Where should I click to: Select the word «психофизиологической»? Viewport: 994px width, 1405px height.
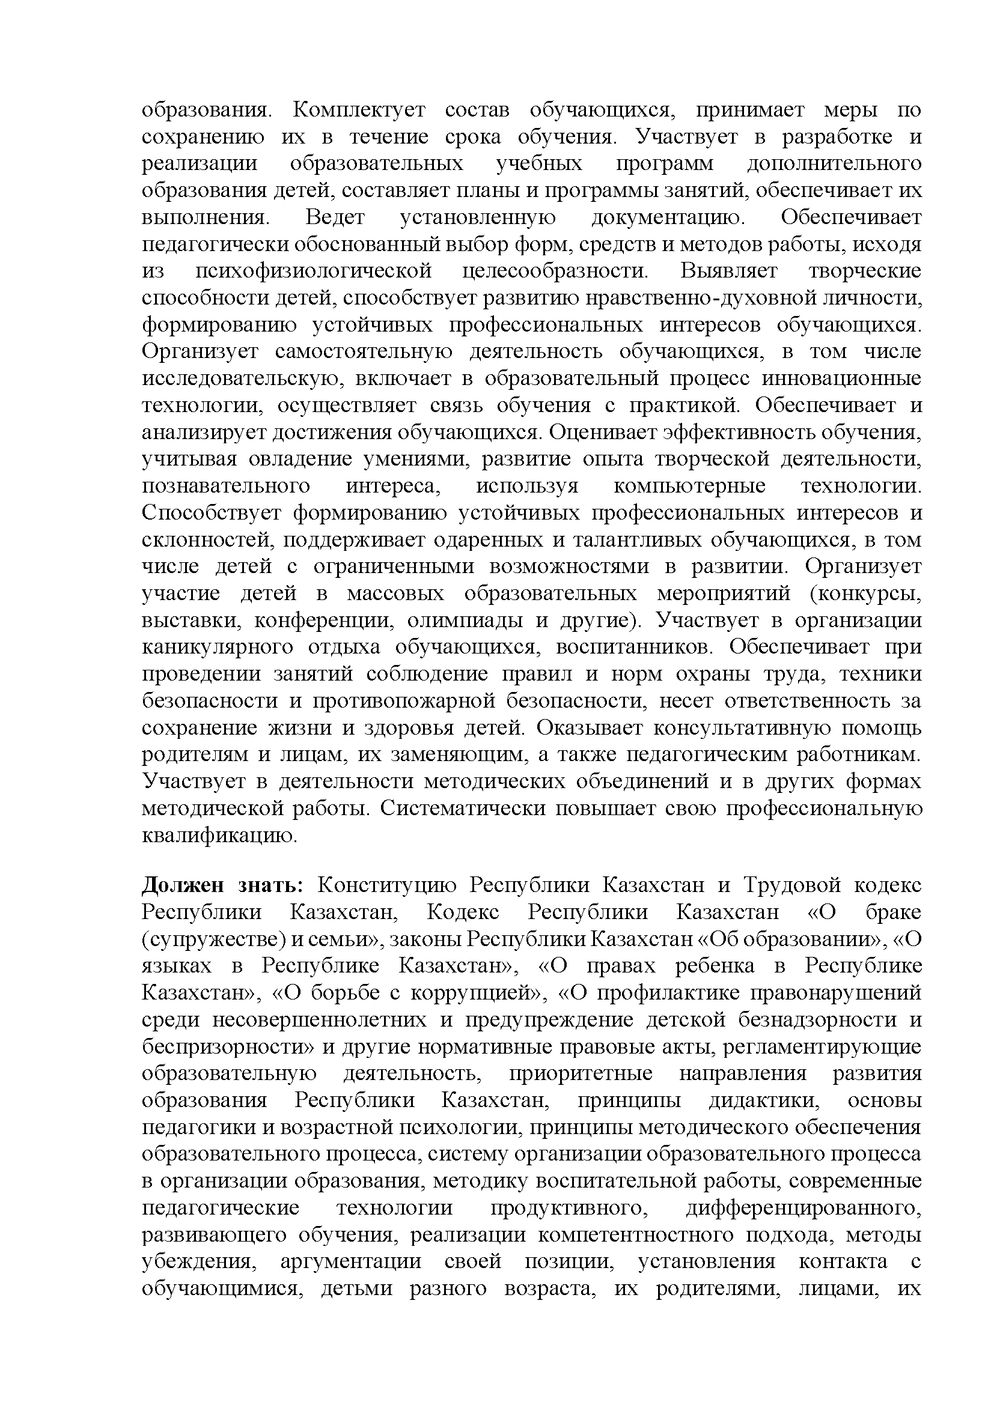(313, 271)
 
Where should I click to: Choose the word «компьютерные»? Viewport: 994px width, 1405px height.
(689, 487)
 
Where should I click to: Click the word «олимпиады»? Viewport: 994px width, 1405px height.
(465, 621)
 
